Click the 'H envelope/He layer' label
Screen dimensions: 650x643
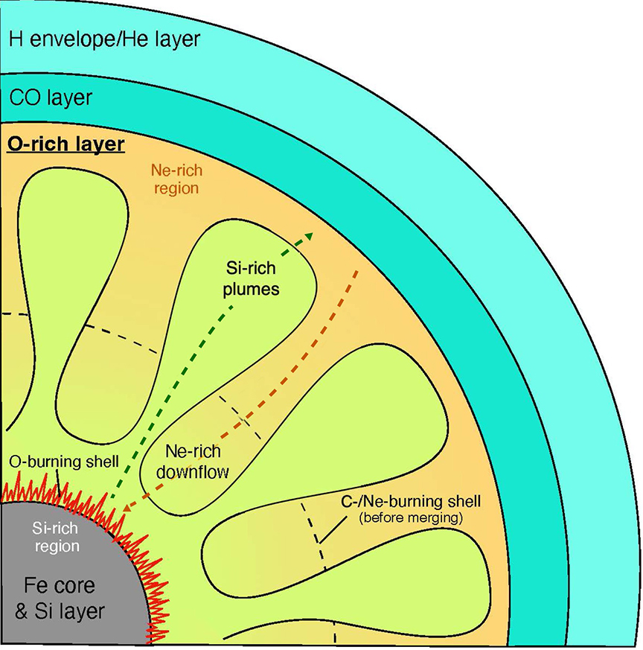[104, 38]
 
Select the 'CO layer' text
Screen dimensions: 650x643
[50, 98]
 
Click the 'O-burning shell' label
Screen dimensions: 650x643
[63, 462]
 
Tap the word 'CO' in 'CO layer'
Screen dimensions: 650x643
[25, 98]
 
